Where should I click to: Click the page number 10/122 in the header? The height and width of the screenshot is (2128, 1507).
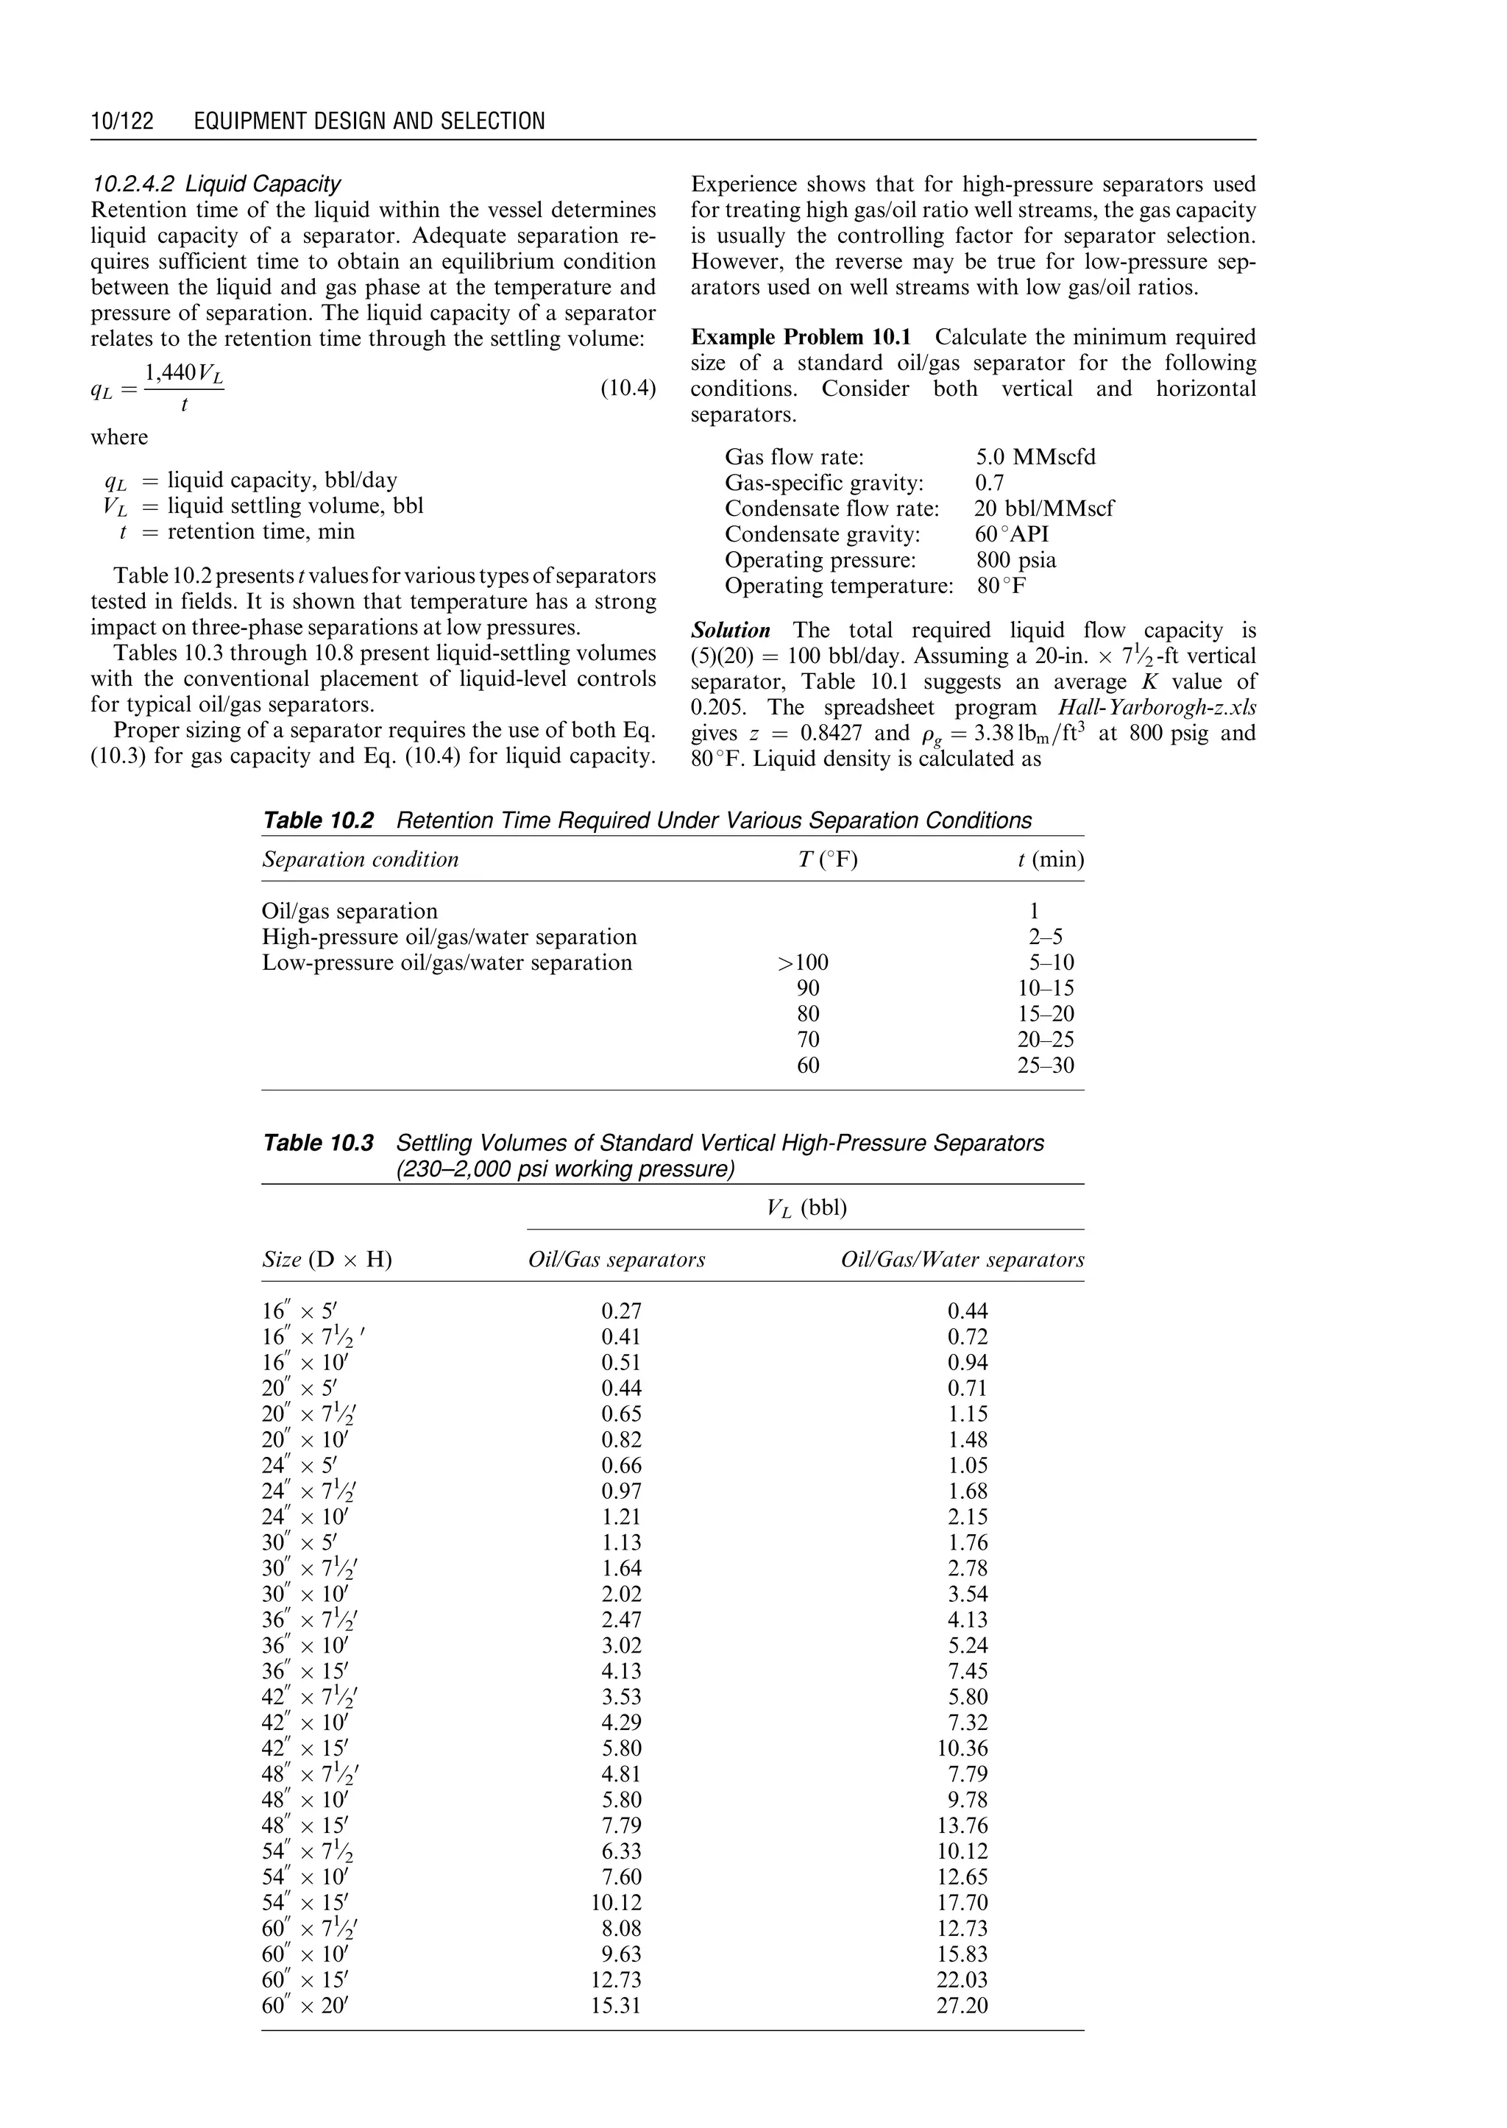pyautogui.click(x=121, y=121)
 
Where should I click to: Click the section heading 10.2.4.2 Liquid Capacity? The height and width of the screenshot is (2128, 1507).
pyautogui.click(x=216, y=184)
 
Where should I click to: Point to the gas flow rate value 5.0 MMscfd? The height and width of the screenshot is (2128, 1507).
pyautogui.click(x=1035, y=457)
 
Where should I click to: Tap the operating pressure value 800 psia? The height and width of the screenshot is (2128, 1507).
pyautogui.click(x=1015, y=560)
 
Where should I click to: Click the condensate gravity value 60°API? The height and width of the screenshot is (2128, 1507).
pyautogui.click(x=1012, y=533)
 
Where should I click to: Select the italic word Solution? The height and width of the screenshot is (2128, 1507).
pyautogui.click(x=730, y=630)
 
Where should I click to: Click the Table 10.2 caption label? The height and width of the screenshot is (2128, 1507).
pyautogui.click(x=319, y=820)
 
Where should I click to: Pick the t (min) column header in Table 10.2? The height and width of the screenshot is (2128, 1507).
pyautogui.click(x=1051, y=859)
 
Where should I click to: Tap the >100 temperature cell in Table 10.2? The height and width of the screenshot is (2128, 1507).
pyautogui.click(x=803, y=962)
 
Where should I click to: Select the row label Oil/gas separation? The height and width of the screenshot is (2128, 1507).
pyautogui.click(x=350, y=912)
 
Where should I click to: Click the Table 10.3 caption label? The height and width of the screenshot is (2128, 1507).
pyautogui.click(x=319, y=1143)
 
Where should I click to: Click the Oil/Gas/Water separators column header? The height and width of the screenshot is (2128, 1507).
pyautogui.click(x=962, y=1259)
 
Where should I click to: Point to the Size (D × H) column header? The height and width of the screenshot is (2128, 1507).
pyautogui.click(x=327, y=1259)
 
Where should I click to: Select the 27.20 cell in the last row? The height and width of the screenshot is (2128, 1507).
pyautogui.click(x=962, y=2006)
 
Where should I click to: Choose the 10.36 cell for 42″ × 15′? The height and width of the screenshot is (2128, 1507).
pyautogui.click(x=962, y=1748)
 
